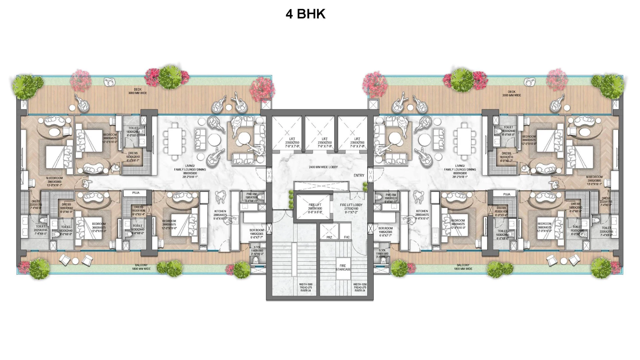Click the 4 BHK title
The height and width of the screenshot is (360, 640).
coord(305,14)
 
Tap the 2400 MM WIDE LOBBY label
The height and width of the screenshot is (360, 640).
coord(323,167)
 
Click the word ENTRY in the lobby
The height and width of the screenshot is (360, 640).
coord(359,175)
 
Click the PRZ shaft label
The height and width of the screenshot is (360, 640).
coord(329,237)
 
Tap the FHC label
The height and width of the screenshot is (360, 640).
coord(347,237)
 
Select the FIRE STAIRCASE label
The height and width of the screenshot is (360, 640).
coord(343,267)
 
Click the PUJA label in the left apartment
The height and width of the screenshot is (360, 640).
coord(136,193)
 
